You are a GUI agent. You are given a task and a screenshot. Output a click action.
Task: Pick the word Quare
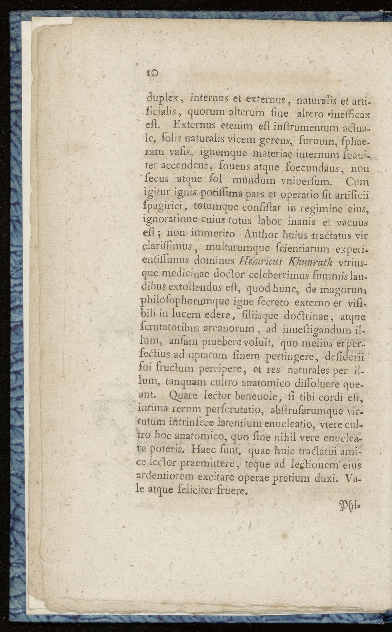point(183,396)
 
